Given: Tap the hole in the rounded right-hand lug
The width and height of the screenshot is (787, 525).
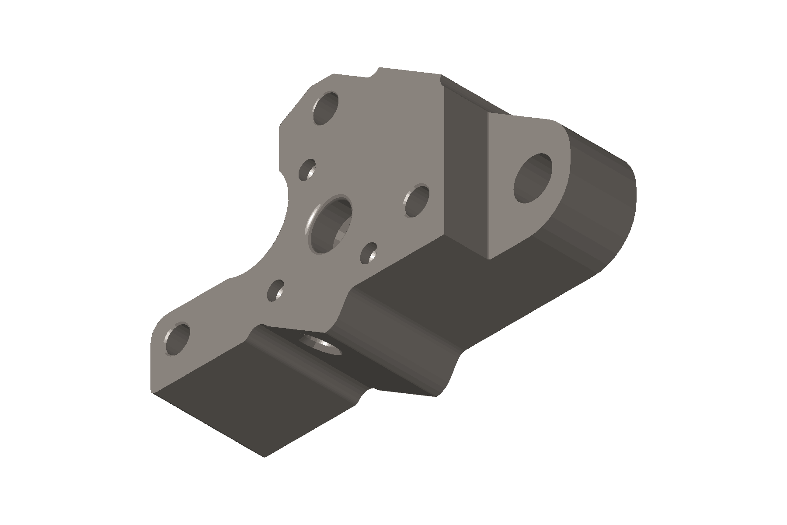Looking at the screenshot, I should click(x=533, y=178).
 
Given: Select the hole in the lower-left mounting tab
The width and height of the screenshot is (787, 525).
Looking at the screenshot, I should click(x=177, y=339).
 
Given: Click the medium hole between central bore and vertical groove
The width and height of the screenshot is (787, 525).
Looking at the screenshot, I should click(x=417, y=201).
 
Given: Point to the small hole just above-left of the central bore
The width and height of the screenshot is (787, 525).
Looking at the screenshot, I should click(x=307, y=170).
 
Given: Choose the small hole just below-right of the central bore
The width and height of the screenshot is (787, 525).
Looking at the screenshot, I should click(x=370, y=253).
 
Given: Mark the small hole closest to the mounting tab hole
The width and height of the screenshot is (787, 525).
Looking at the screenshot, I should click(x=275, y=290).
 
